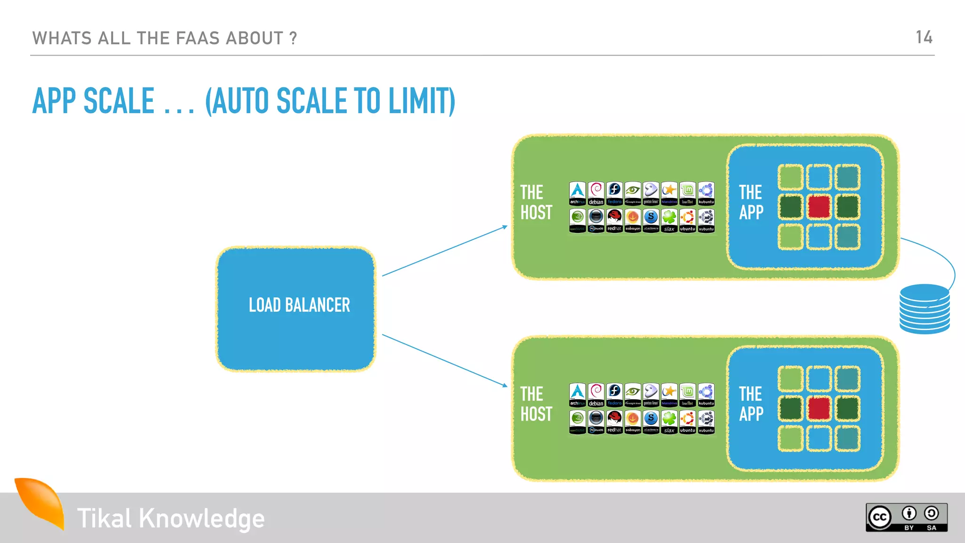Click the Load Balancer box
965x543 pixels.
coord(296,309)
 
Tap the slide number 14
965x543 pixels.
coord(924,37)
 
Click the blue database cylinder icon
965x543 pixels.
coord(924,309)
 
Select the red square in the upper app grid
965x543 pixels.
coord(819,207)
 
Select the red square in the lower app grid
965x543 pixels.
coord(819,408)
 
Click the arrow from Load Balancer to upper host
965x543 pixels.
coord(444,251)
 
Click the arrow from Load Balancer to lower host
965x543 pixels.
coord(444,360)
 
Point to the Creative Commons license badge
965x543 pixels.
coord(907,518)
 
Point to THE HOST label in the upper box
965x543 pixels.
coord(536,203)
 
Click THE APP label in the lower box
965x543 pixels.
coord(751,404)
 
